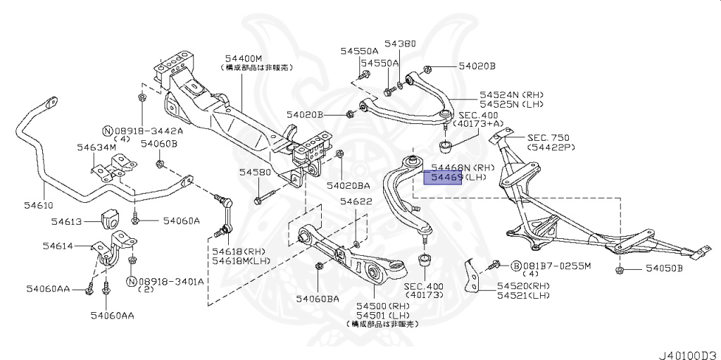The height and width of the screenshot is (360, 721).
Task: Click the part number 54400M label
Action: tap(244, 58)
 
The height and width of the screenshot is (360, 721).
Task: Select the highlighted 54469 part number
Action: tap(442, 178)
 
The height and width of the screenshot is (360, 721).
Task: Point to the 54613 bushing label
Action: tap(68, 221)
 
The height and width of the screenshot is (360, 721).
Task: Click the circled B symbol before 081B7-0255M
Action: tap(515, 266)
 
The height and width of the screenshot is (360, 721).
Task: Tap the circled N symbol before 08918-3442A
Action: tap(107, 131)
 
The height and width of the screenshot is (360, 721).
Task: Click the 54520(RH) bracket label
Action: tap(523, 286)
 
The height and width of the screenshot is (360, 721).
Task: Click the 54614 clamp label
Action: tap(59, 246)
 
